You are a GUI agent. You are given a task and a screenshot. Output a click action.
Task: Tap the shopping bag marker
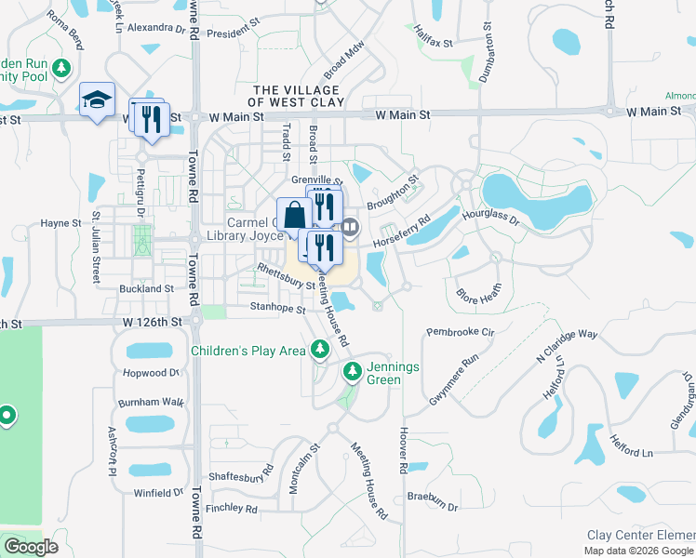tap(294, 215)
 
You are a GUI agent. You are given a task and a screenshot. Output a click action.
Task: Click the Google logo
tap(30, 547)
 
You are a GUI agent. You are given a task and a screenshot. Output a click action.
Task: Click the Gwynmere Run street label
tap(453, 377)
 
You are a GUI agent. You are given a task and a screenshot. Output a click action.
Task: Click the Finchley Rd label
tap(231, 509)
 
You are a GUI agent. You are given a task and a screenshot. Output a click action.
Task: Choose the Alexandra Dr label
tap(155, 28)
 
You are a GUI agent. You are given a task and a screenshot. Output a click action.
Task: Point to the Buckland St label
tap(147, 289)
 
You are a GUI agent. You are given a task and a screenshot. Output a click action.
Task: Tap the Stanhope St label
tap(277, 308)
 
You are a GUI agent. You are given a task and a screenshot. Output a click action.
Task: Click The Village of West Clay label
tap(297, 95)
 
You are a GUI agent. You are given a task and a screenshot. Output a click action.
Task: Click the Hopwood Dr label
tap(151, 373)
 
